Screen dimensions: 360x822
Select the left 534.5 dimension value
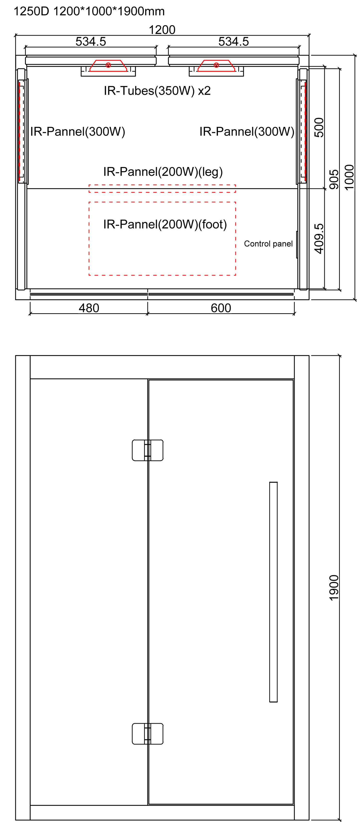coord(91,41)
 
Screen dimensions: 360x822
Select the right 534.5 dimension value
coord(233,41)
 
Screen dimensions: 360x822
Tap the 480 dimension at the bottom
coord(89,308)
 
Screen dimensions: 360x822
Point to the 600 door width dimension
coord(221,308)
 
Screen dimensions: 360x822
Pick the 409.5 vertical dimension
coord(319,239)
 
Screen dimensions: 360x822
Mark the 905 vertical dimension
coord(334,179)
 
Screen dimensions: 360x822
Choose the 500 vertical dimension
coord(319,128)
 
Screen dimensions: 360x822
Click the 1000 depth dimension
coord(349,177)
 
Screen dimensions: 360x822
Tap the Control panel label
coord(268,244)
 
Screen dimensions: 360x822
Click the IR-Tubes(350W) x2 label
coord(157,91)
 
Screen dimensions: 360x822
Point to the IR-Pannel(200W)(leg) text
coord(163,172)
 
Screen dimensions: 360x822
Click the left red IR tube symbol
coord(108,65)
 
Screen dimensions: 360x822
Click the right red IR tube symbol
coord(216,65)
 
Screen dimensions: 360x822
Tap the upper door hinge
coord(147,450)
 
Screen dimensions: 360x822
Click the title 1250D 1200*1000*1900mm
coord(89,12)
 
